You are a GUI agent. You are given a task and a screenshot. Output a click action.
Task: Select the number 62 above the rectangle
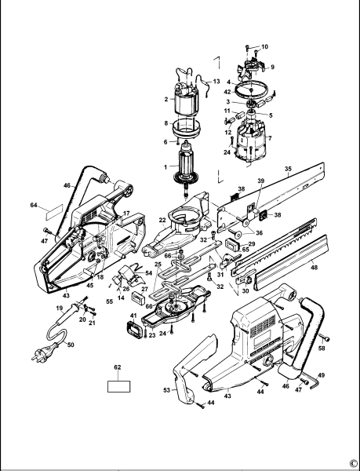pos(118,367)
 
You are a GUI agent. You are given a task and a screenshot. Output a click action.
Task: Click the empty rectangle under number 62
pos(119,386)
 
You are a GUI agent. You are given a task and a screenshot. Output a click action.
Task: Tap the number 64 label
pos(34,205)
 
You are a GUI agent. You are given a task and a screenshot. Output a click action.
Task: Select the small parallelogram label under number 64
pos(49,212)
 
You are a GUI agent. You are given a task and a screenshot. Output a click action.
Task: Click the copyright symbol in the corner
pos(352,464)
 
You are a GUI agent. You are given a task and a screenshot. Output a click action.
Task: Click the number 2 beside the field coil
pos(166,100)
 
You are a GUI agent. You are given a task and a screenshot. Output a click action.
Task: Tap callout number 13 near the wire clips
pos(216,81)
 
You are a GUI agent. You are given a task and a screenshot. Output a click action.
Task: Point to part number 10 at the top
pos(264,47)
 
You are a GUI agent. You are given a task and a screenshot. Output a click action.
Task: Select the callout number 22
pos(162,222)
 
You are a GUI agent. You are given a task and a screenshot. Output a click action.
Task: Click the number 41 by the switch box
pos(133,316)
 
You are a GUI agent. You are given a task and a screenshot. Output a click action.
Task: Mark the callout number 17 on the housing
pos(126,214)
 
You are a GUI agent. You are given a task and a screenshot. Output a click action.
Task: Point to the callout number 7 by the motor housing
pos(271,139)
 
